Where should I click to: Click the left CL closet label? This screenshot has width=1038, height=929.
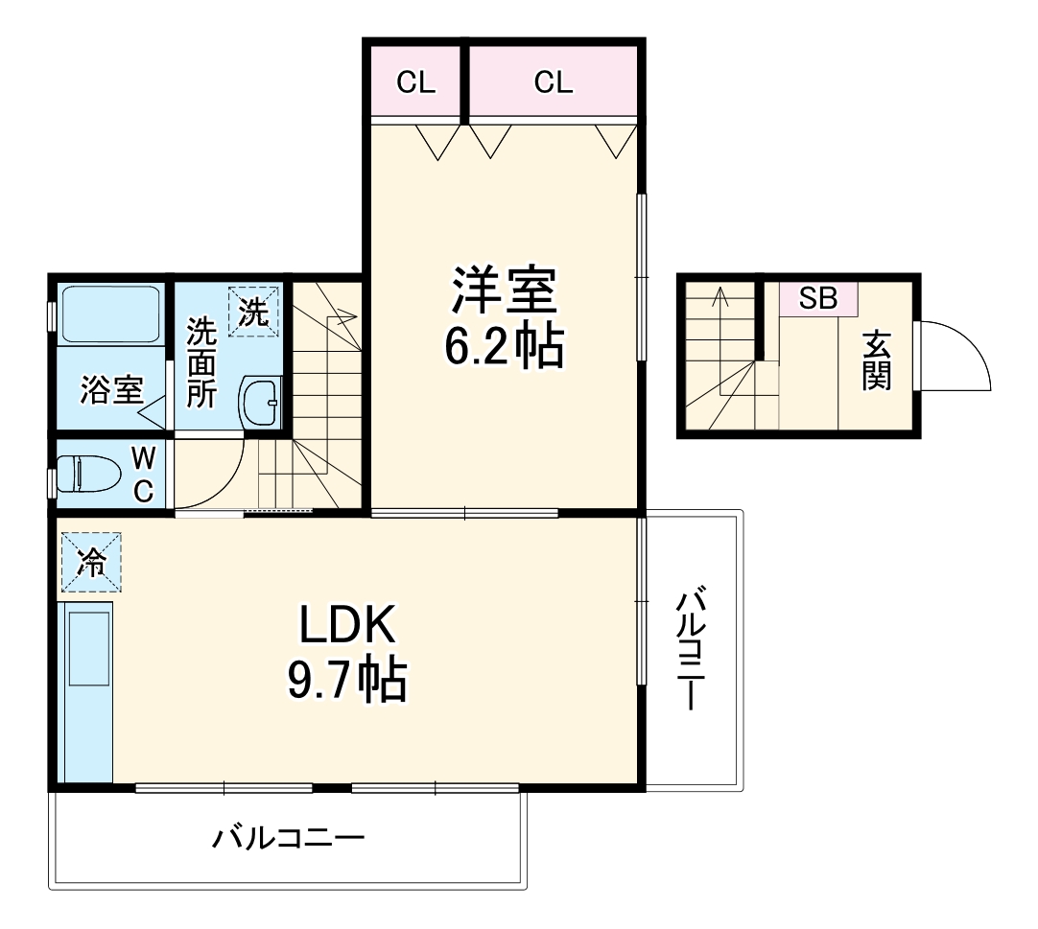[x=415, y=82]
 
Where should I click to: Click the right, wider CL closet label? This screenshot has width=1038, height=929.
[x=554, y=82]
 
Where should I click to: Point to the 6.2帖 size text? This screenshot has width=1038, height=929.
[x=504, y=346]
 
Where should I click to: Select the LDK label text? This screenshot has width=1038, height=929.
[x=347, y=624]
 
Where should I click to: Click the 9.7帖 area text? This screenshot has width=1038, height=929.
[x=347, y=680]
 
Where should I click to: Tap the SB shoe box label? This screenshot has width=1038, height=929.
[x=818, y=298]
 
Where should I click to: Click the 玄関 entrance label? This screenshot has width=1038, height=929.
[x=877, y=361]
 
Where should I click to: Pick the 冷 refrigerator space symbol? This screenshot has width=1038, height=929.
[x=91, y=562]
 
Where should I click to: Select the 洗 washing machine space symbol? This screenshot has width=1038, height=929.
[x=253, y=311]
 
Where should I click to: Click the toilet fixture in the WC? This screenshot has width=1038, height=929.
[x=87, y=474]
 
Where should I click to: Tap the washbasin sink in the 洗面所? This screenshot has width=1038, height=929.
[x=261, y=403]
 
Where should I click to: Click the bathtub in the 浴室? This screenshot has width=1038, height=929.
[x=110, y=314]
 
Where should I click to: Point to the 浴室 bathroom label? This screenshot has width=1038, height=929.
[x=112, y=390]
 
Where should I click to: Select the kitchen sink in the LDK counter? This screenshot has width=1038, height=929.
[x=89, y=649]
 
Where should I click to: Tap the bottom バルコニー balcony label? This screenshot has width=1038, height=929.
[x=288, y=839]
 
